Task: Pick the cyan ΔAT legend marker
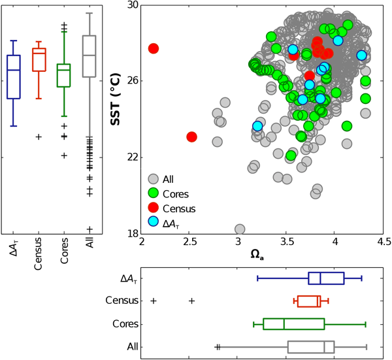pyautogui.click(x=154, y=223)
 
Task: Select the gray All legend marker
pyautogui.click(x=154, y=179)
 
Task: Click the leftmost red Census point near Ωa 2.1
pyautogui.click(x=154, y=48)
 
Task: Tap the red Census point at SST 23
pyautogui.click(x=191, y=137)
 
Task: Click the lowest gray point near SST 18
pyautogui.click(x=240, y=229)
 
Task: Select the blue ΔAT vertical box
pyautogui.click(x=13, y=76)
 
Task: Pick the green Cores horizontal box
pyautogui.click(x=293, y=324)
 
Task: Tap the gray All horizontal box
pyautogui.click(x=310, y=346)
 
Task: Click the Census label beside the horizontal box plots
pyautogui.click(x=122, y=301)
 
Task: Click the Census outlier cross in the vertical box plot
pyautogui.click(x=39, y=137)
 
